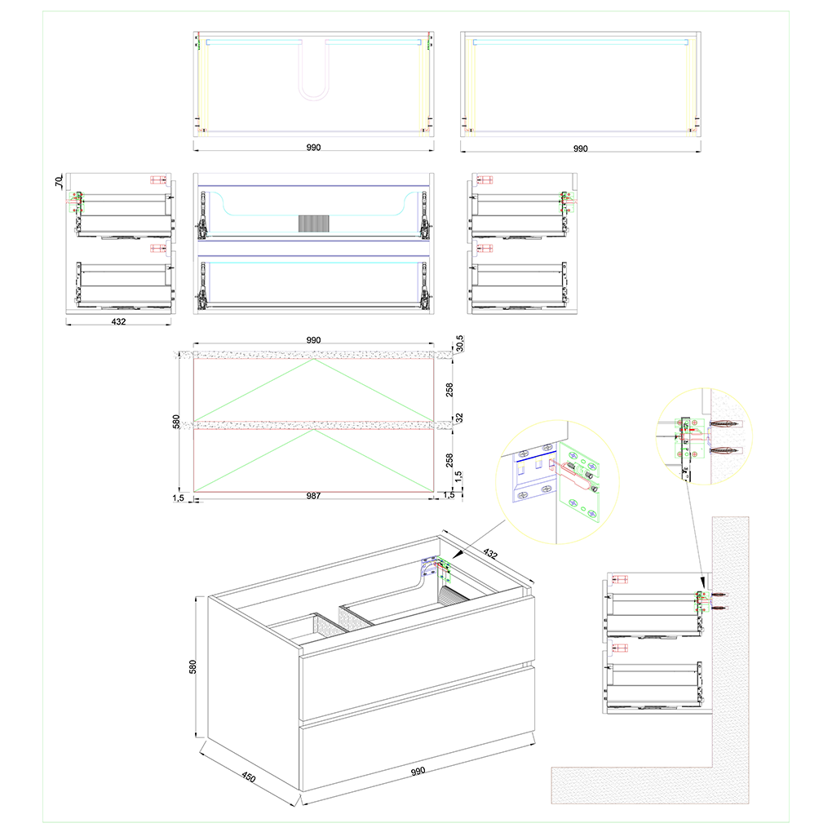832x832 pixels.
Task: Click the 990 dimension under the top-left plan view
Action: (313, 147)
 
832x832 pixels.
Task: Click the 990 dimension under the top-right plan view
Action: (581, 148)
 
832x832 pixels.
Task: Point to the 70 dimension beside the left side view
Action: (59, 181)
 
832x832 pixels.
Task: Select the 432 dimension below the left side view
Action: (119, 321)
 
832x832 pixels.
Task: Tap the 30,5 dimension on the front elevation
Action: (459, 343)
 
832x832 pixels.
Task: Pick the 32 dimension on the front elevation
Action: (459, 418)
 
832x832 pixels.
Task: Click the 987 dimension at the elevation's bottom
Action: (313, 496)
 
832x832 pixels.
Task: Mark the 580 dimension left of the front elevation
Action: (177, 422)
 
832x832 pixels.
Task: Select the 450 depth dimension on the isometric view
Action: (248, 777)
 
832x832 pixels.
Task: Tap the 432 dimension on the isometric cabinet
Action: (490, 554)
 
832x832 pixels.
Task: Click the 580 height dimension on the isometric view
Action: (193, 667)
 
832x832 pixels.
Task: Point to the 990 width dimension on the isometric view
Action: (418, 771)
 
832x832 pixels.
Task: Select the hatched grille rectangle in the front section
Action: (313, 223)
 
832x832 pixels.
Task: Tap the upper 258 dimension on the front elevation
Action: (450, 390)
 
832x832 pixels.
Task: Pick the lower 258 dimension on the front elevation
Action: (450, 460)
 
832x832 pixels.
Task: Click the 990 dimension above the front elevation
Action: (313, 339)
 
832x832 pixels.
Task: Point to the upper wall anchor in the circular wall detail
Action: (724, 424)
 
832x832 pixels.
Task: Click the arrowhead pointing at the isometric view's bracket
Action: (457, 553)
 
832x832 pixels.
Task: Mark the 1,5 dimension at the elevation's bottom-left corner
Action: (179, 498)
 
